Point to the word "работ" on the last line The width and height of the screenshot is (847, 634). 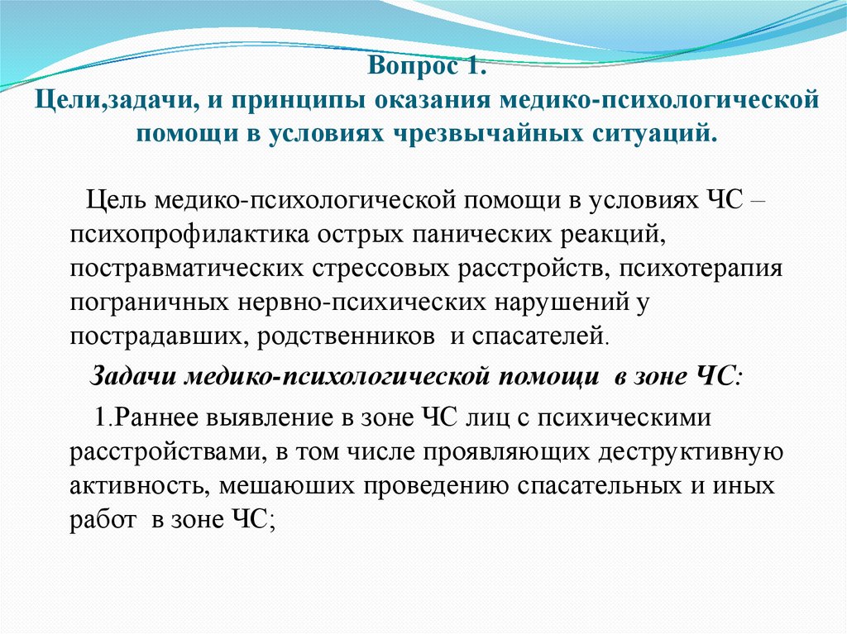coord(100,519)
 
